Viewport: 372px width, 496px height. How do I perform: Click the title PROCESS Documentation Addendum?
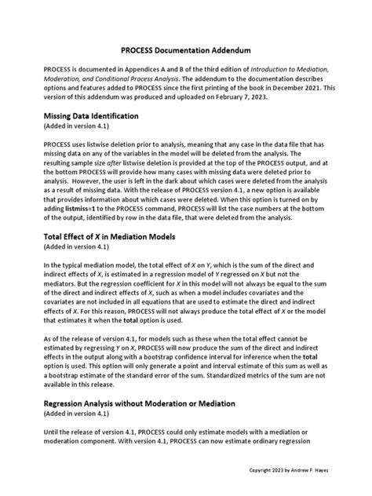185,48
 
